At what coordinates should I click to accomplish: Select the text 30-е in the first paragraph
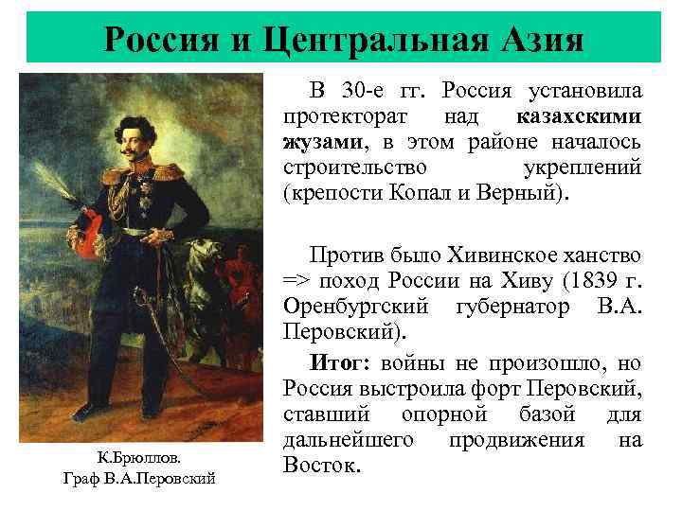click(372, 93)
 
